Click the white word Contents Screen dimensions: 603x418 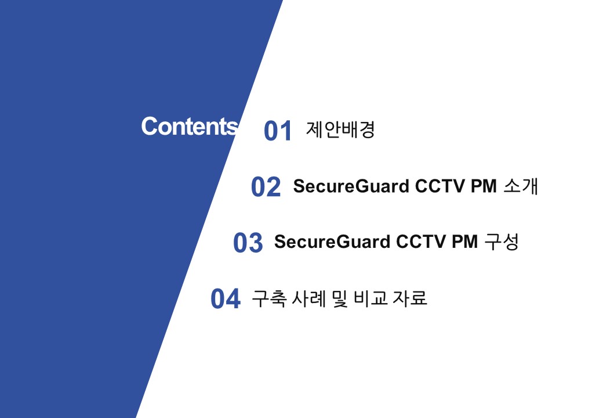[190, 126]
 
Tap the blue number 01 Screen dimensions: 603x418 [278, 131]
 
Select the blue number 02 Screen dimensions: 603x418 [266, 187]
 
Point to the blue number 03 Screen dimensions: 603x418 [248, 243]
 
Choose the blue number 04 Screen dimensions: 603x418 [226, 298]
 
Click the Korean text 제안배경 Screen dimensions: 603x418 [340, 129]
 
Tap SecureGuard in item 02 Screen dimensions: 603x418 [351, 186]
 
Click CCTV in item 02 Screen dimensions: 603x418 [440, 186]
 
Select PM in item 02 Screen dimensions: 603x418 [484, 186]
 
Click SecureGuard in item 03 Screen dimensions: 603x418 [332, 242]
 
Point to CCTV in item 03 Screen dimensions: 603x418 [421, 242]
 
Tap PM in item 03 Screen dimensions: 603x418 [464, 242]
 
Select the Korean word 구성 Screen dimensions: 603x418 [502, 242]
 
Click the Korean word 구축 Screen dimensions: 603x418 [269, 298]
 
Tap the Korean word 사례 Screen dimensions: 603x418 [309, 298]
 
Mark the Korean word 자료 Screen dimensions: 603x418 [410, 298]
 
